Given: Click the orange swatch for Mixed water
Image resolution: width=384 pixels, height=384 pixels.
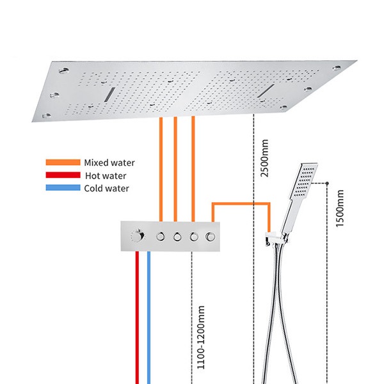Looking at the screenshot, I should [62, 163].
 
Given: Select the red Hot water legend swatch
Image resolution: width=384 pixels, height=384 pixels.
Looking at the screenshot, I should [62, 175].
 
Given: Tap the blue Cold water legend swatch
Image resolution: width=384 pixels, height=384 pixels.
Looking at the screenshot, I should [62, 188].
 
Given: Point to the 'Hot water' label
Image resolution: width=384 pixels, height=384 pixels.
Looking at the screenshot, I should [106, 175].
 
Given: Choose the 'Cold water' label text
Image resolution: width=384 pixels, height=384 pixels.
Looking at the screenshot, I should [107, 188].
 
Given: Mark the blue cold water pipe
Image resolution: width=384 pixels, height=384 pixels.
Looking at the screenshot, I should [149, 320].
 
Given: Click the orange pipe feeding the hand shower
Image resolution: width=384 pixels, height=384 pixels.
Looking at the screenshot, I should [243, 204].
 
